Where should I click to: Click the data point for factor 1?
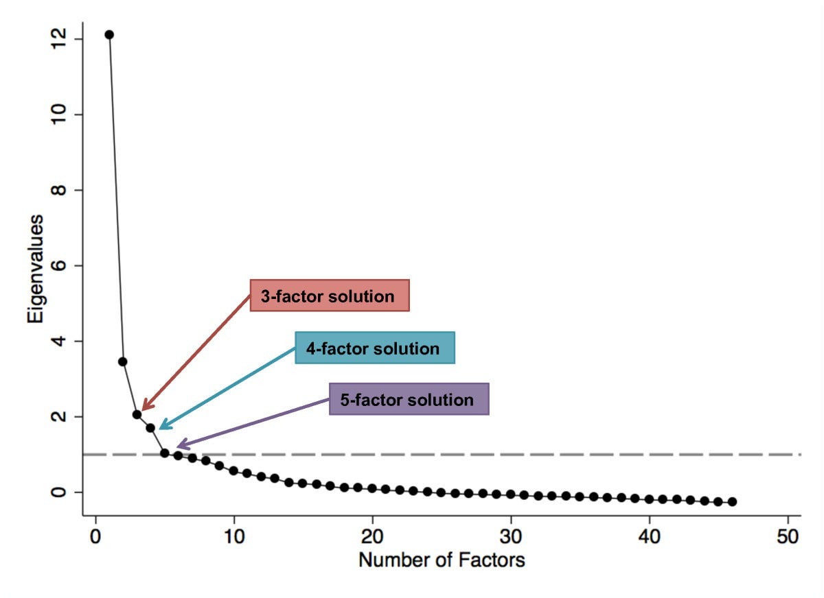[109, 34]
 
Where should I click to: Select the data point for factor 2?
[123, 361]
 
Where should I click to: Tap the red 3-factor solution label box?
[329, 296]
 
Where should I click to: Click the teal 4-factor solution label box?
[374, 348]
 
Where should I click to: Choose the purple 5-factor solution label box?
[409, 399]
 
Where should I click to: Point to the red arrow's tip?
[142, 409]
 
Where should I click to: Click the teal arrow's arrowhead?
[160, 429]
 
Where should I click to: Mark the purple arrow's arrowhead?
[178, 448]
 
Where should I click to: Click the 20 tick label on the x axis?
[372, 536]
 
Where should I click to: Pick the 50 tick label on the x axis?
[788, 536]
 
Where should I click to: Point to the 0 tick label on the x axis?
[95, 536]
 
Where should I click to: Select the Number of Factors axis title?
[442, 560]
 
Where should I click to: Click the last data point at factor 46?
[732, 502]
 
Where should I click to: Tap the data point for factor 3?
[137, 414]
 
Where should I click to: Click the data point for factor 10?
[233, 470]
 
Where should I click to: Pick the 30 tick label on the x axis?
[511, 536]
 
